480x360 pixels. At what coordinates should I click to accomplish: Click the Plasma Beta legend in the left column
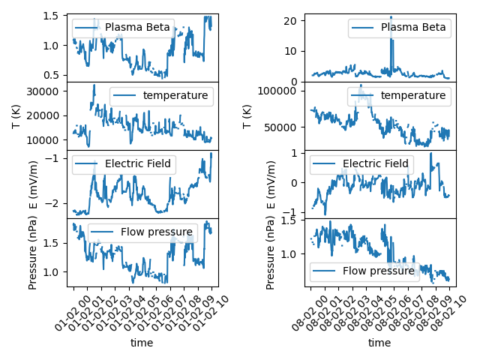(x=123, y=28)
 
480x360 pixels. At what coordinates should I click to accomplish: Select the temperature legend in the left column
(x=161, y=96)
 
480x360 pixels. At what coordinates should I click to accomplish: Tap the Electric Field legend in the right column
(x=361, y=164)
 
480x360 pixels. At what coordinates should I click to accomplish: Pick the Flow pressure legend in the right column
(x=363, y=271)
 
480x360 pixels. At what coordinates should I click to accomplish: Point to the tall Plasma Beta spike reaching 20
(x=391, y=18)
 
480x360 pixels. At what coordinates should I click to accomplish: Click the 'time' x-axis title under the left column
(x=142, y=343)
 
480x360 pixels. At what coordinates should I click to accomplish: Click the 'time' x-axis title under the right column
(x=379, y=343)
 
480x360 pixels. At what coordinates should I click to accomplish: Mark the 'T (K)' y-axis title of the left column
(x=16, y=115)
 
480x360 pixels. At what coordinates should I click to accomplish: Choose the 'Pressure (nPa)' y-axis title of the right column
(x=271, y=252)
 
